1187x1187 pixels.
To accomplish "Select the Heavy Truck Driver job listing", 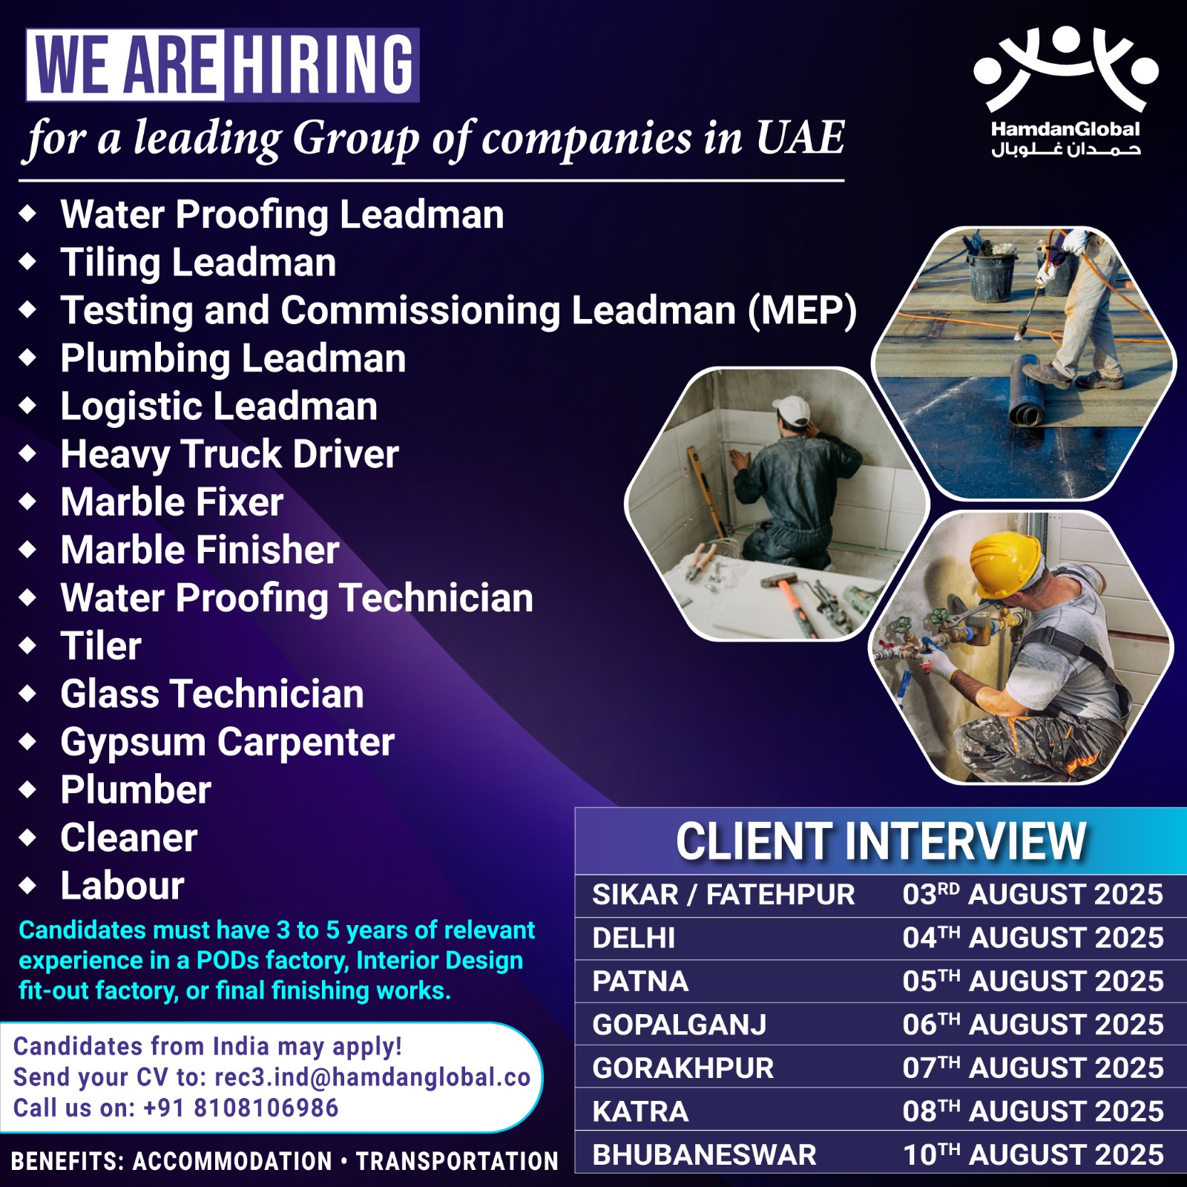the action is pos(230,454).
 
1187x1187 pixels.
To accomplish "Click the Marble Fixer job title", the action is pos(172,502).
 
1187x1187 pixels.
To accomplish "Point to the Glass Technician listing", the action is pos(212,694).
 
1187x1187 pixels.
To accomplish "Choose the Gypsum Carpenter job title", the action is pos(228,743).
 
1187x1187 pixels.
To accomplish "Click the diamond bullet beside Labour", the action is pos(28,885).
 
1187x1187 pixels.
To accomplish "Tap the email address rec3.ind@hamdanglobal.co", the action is pos(372,1077).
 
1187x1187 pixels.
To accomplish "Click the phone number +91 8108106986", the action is pos(240,1108).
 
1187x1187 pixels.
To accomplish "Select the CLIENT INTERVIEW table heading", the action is pos(881,841).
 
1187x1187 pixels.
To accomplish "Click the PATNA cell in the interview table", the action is pos(640,982).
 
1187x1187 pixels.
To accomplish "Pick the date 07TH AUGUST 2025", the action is pos(1033,1068).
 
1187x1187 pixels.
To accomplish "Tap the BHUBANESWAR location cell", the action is pos(704,1155).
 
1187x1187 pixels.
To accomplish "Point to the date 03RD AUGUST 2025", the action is pos(1033,895).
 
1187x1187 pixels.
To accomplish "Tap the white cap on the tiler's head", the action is pos(792,410).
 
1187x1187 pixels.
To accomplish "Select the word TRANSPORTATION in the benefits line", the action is pos(457,1161).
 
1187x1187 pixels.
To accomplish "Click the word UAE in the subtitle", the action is pos(800,138).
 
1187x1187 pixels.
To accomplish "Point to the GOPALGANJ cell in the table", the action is pos(679,1025).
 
